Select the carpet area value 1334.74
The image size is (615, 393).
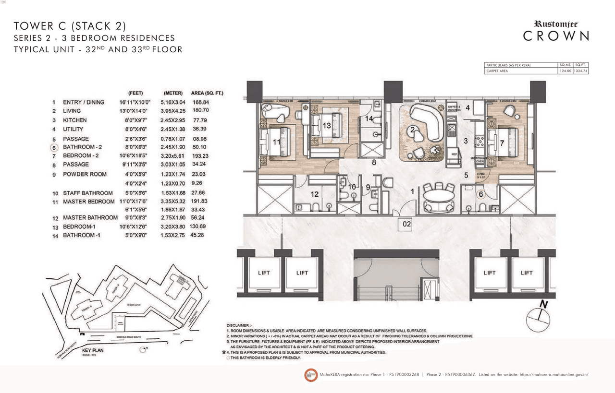pyautogui.click(x=580, y=71)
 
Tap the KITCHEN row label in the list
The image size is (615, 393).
pyautogui.click(x=74, y=120)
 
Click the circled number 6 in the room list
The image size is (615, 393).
pyautogui.click(x=54, y=147)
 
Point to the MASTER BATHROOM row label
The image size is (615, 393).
pyautogui.click(x=90, y=218)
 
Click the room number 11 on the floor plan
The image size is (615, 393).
pyautogui.click(x=276, y=142)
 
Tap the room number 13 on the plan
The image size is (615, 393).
pyautogui.click(x=327, y=126)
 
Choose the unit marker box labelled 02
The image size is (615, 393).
pyautogui.click(x=407, y=223)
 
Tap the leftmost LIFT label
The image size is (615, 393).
pyautogui.click(x=264, y=273)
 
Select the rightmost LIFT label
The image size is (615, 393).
pyautogui.click(x=527, y=273)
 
